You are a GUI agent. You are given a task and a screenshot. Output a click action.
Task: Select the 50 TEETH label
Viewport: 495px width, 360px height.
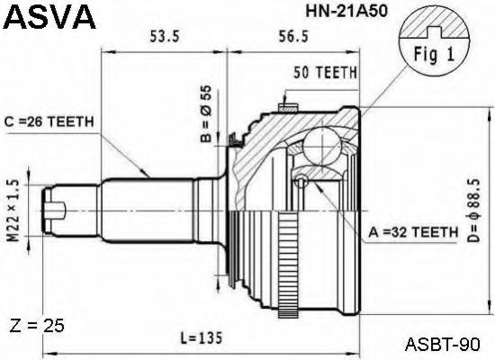click(325, 72)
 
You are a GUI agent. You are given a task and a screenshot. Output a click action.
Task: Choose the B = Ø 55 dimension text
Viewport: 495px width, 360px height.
click(204, 115)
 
